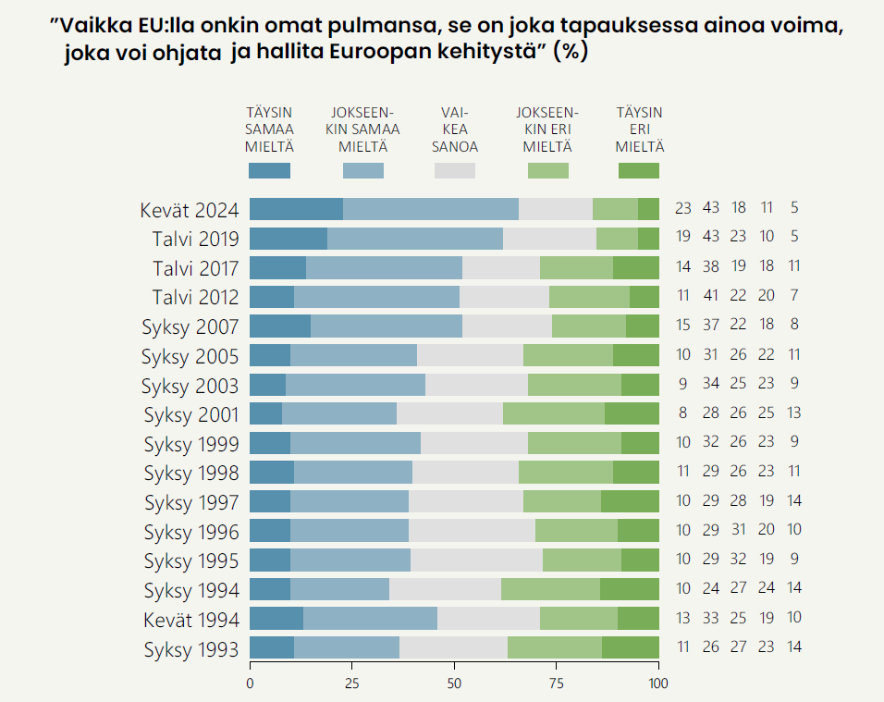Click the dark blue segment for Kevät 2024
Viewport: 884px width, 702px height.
point(296,209)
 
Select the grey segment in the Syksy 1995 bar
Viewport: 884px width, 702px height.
point(476,560)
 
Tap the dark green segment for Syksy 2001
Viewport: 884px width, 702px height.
point(632,413)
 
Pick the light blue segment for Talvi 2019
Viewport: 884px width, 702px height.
point(415,239)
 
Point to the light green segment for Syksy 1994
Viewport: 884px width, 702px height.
point(550,590)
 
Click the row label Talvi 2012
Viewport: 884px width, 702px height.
point(195,297)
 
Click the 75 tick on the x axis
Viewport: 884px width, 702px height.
point(556,684)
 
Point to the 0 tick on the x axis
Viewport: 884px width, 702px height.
point(250,684)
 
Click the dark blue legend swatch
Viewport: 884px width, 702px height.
point(269,170)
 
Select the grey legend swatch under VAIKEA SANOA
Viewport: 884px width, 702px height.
point(455,170)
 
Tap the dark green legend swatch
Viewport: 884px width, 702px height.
point(639,170)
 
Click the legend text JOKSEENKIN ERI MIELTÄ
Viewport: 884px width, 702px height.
point(547,129)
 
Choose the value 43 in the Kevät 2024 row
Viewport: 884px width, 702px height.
point(711,208)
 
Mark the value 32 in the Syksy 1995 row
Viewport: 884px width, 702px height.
point(738,559)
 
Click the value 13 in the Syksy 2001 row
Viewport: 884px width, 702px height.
point(793,413)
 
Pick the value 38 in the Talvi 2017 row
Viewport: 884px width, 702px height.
point(711,266)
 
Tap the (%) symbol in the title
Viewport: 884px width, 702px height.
point(570,53)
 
